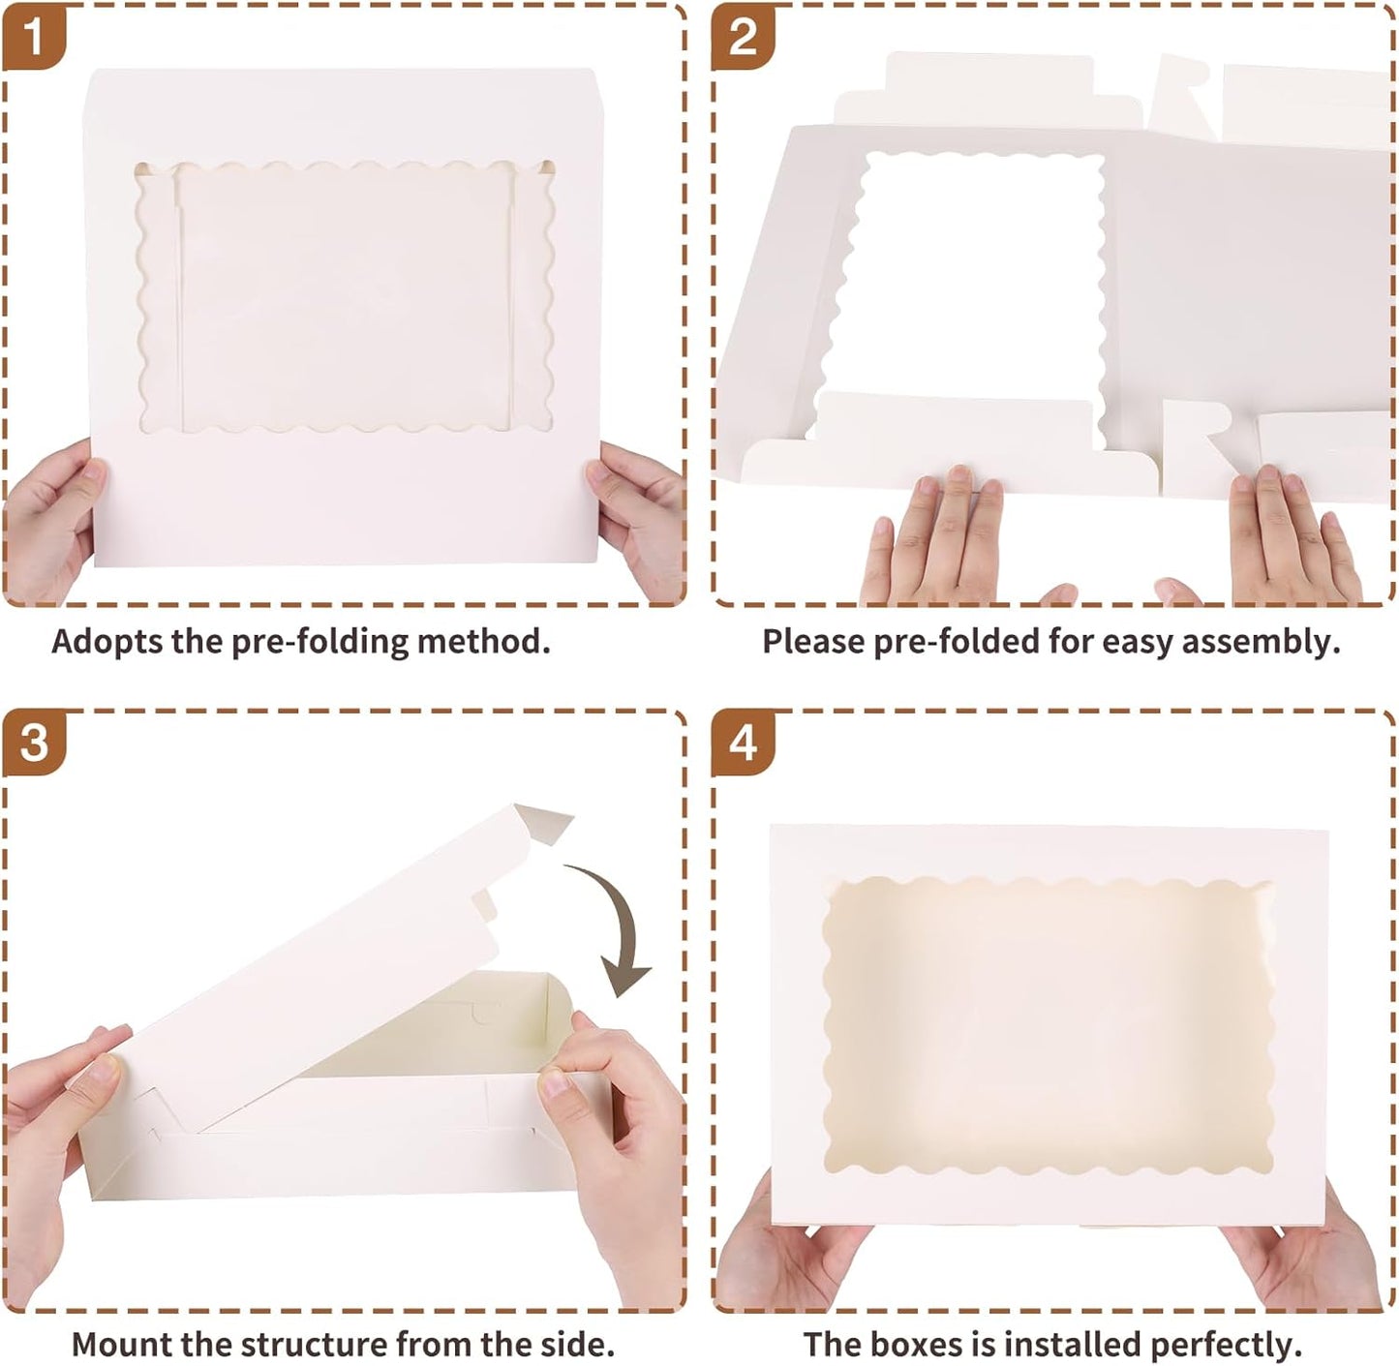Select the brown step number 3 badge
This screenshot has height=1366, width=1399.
[34, 744]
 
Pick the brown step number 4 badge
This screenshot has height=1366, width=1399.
[743, 744]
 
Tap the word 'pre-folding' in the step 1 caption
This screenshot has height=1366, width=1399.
[319, 642]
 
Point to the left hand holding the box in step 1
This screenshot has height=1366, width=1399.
[50, 520]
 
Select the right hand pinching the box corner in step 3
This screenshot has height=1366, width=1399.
[611, 1149]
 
